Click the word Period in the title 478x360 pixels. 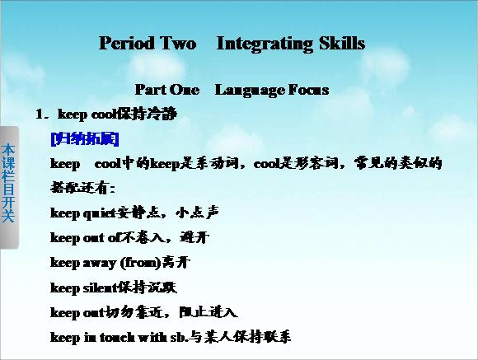tap(127, 43)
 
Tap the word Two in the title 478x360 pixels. tap(178, 43)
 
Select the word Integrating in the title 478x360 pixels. tap(265, 44)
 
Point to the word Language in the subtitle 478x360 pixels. tap(249, 91)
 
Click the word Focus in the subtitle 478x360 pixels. tap(308, 90)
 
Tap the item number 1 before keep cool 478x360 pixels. tap(39, 115)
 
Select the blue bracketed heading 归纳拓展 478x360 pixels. tap(85, 139)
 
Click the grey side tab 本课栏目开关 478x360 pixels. tap(8, 187)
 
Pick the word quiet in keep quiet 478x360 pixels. tap(100, 213)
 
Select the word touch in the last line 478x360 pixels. tap(117, 337)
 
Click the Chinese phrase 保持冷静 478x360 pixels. tap(147, 114)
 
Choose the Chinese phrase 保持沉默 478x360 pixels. tap(147, 288)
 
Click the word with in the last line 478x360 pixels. tap(152, 337)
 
